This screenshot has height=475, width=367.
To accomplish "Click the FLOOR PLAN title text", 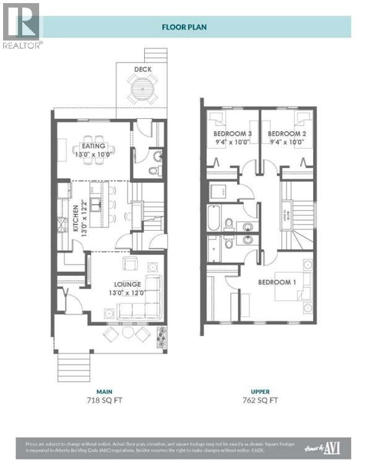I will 183,27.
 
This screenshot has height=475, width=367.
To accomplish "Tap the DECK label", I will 143,69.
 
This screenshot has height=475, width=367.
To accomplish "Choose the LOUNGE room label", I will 126,284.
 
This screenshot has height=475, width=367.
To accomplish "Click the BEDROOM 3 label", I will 232,134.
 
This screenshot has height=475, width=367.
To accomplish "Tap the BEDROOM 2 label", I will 287,134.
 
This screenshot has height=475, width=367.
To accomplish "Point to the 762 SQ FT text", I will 259,400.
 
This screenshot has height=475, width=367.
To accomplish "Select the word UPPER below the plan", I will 259,392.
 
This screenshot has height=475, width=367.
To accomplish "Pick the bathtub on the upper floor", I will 214,217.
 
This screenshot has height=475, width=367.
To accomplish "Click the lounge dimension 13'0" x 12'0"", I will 126,293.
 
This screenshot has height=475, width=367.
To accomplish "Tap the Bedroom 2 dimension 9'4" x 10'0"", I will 287,142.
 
